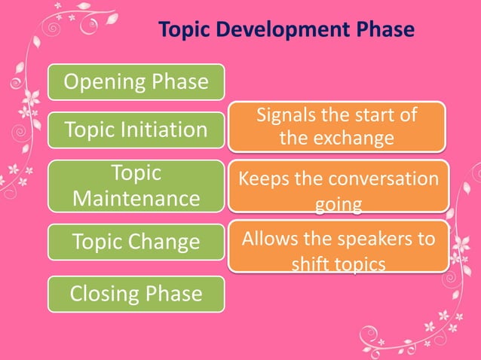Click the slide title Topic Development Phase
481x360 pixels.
[x=286, y=29]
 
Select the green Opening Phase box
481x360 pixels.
[x=136, y=82]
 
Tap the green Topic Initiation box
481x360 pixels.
[x=136, y=130]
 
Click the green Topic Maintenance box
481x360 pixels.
[x=136, y=185]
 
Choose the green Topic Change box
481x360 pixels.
[x=136, y=243]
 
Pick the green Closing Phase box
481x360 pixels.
[x=136, y=294]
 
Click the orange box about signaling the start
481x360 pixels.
[x=338, y=127]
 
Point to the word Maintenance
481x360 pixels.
[x=136, y=199]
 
